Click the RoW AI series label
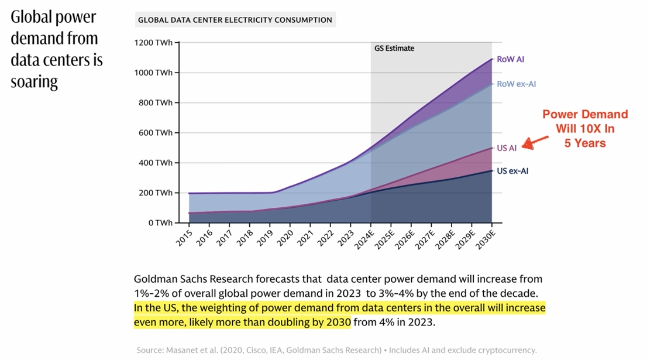pos(510,59)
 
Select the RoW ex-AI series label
pos(516,84)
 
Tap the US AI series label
pos(507,148)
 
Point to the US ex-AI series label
pos(512,172)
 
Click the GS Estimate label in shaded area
pos(394,49)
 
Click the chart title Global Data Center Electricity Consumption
pos(235,20)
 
